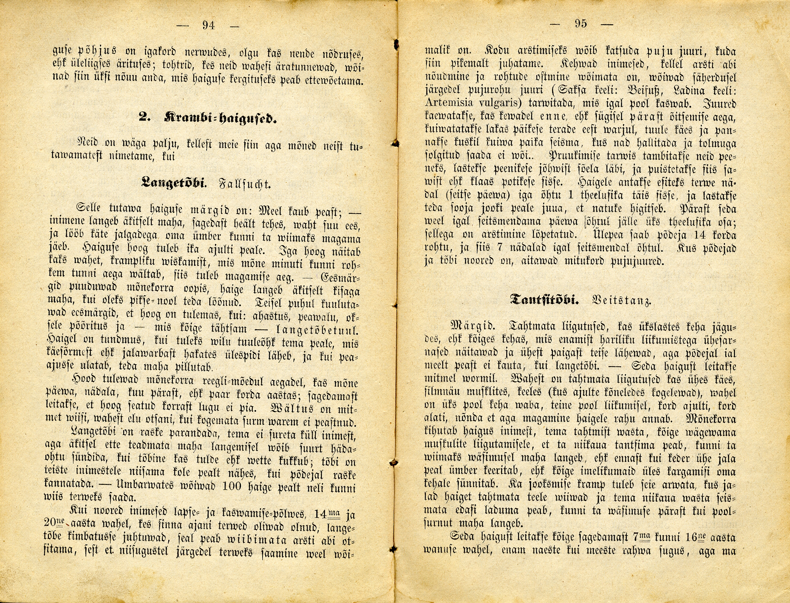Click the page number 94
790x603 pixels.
[208, 25]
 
